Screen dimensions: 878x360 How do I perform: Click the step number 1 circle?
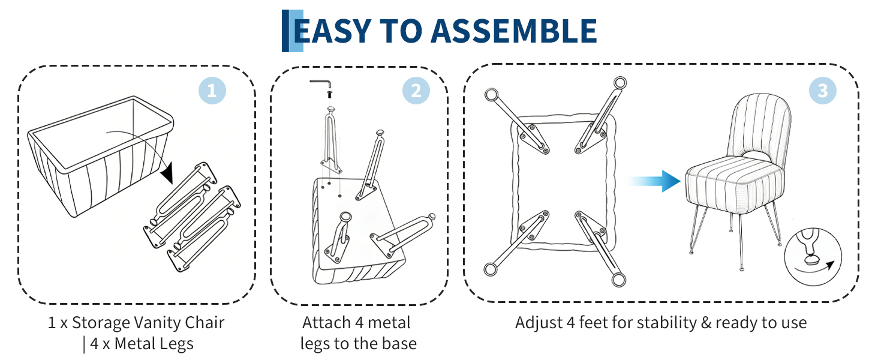pyautogui.click(x=212, y=91)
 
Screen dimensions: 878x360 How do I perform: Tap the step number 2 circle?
pyautogui.click(x=416, y=91)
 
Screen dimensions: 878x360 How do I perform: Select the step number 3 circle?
pyautogui.click(x=823, y=91)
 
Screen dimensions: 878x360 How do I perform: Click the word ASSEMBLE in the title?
pyautogui.click(x=513, y=31)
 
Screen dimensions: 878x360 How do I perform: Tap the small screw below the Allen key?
pyautogui.click(x=330, y=95)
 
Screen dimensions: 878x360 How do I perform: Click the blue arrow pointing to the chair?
pyautogui.click(x=653, y=181)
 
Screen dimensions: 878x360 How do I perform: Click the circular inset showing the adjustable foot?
pyautogui.click(x=813, y=257)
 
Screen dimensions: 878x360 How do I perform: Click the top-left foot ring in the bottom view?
pyautogui.click(x=492, y=95)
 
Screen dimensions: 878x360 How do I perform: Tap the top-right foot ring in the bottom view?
pyautogui.click(x=620, y=83)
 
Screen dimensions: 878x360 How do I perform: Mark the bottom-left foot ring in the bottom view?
pyautogui.click(x=490, y=269)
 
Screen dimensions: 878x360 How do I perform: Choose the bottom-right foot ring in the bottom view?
pyautogui.click(x=618, y=280)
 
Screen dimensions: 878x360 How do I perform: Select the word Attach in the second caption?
pyautogui.click(x=326, y=323)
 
